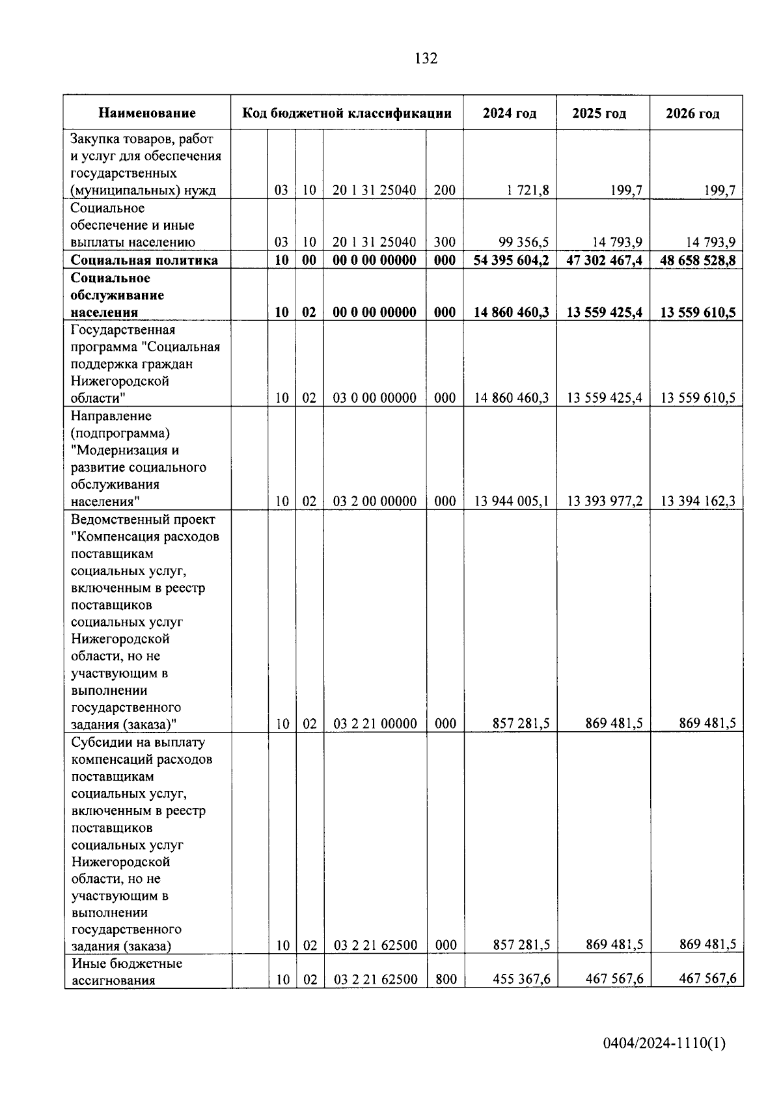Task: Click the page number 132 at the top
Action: click(426, 59)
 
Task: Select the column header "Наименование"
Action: click(147, 113)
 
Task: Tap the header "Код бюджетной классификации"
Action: click(347, 113)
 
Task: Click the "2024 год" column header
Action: click(510, 113)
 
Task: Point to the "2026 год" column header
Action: click(692, 114)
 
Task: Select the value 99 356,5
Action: click(524, 243)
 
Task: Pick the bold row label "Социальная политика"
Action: click(144, 260)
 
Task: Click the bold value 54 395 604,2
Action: click(512, 260)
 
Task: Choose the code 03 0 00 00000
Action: click(374, 398)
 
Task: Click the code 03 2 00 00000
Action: click(374, 502)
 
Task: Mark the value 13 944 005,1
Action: click(512, 502)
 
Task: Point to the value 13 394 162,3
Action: click(698, 502)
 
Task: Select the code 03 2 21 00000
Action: click(375, 723)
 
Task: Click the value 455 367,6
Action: click(522, 979)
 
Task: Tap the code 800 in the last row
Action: click(445, 979)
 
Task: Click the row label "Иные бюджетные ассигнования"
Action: click(126, 971)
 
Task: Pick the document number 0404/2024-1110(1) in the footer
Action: click(664, 1043)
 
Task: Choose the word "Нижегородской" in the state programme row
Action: click(120, 381)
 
